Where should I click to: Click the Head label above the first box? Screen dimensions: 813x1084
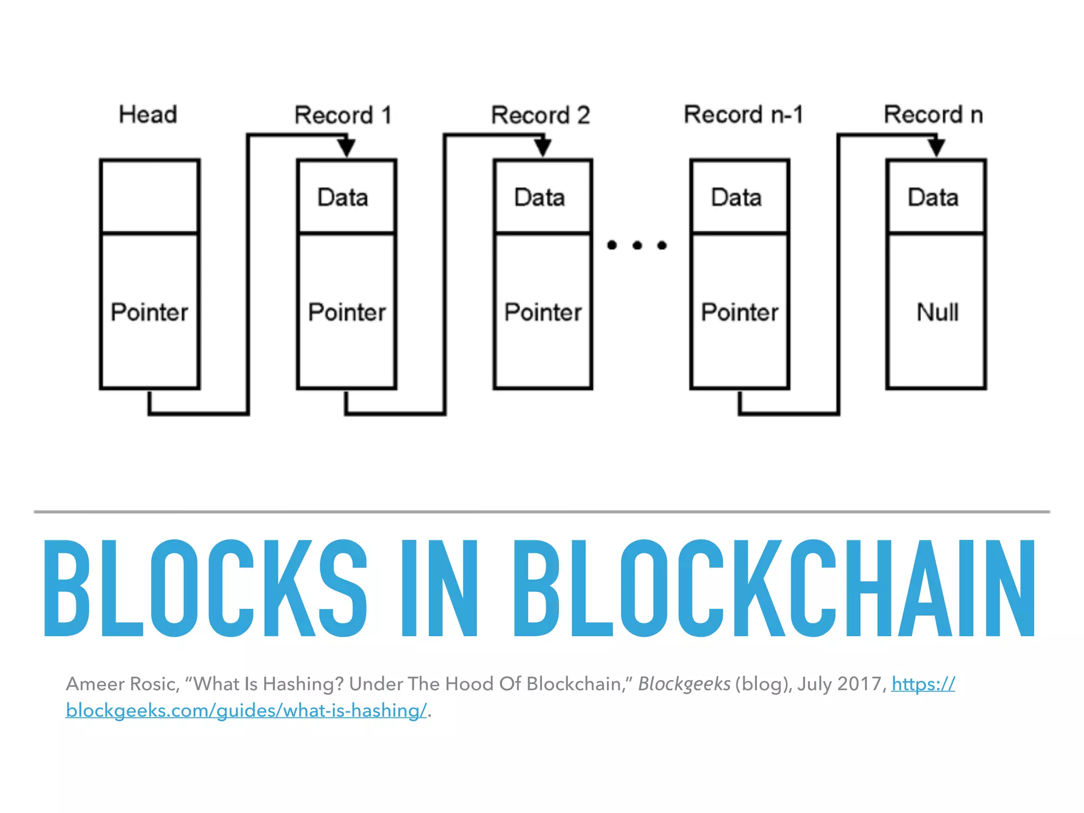(x=148, y=114)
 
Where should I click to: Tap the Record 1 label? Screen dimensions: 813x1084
(x=343, y=115)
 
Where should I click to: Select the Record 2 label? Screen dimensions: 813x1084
(x=540, y=115)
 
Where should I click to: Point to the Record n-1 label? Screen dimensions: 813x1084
(x=743, y=114)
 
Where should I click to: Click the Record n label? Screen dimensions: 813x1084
(x=933, y=114)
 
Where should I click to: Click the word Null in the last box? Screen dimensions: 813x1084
(x=937, y=312)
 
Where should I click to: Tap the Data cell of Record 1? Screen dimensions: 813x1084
(x=343, y=197)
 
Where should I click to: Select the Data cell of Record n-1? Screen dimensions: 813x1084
(x=736, y=197)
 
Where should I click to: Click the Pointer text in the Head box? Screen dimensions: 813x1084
(x=149, y=312)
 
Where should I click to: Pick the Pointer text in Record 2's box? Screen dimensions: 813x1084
(x=543, y=312)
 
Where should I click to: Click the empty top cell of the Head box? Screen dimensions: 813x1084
(x=150, y=196)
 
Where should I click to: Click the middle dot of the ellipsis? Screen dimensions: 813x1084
(x=637, y=245)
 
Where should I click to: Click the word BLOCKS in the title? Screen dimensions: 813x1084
(x=205, y=588)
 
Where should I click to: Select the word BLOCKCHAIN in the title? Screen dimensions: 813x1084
(x=774, y=588)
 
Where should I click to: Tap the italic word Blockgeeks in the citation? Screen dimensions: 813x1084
(x=684, y=684)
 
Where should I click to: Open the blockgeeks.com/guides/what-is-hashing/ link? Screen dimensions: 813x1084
(x=246, y=710)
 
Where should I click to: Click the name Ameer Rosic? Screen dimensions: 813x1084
(x=122, y=684)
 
